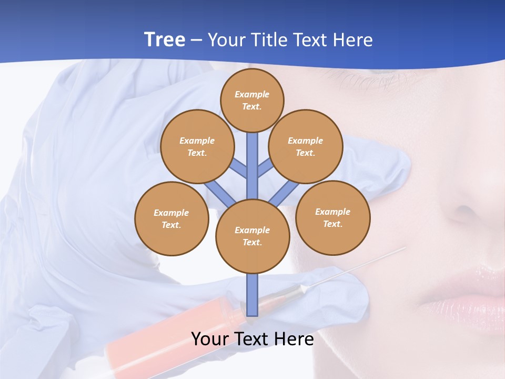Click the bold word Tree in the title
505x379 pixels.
(165, 39)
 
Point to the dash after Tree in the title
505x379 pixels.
(197, 41)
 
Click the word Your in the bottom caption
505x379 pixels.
(211, 339)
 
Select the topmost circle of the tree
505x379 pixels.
(252, 100)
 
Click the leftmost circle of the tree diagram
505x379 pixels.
(171, 218)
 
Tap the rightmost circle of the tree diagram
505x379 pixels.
(332, 217)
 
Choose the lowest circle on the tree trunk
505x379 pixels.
(252, 236)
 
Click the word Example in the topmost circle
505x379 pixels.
(252, 94)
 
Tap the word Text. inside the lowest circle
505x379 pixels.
(252, 242)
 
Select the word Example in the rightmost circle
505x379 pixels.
(332, 212)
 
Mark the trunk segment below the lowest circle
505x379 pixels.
(252, 295)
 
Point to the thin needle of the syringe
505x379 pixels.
(358, 268)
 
